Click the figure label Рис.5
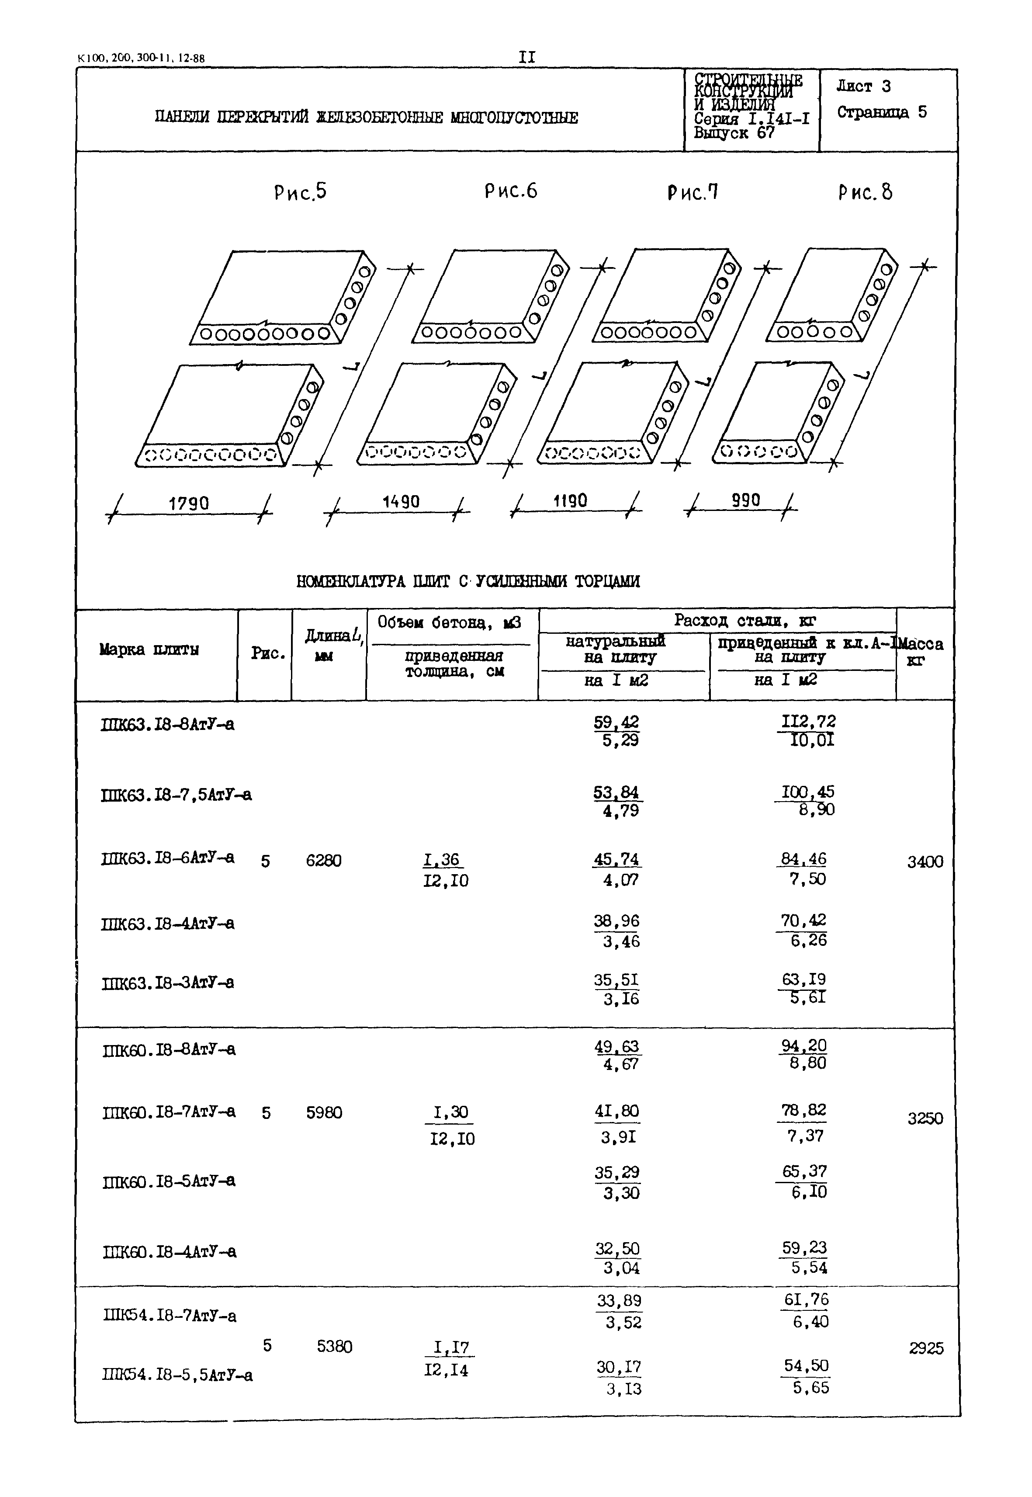click(300, 192)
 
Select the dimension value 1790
click(189, 504)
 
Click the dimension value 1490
click(401, 502)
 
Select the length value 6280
click(323, 861)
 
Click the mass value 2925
click(926, 1349)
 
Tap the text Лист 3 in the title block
click(863, 86)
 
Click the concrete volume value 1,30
click(451, 1112)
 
